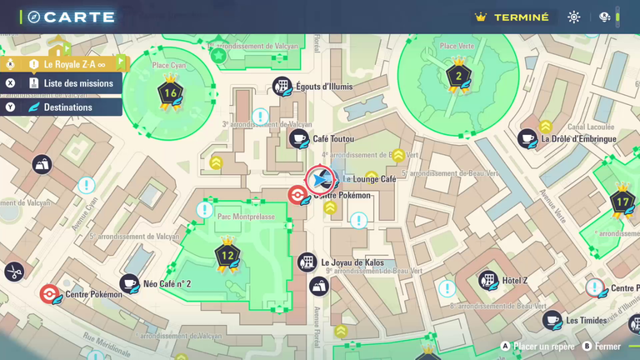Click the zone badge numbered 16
171,92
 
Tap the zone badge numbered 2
457,77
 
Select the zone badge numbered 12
227,255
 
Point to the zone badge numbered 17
622,202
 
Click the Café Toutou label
332,139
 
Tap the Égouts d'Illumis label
324,87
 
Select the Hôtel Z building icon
488,281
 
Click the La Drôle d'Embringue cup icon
527,139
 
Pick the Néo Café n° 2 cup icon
129,284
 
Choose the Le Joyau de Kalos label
352,262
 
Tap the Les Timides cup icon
552,320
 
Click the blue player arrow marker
320,179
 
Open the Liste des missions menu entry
78,83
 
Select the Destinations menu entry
68,107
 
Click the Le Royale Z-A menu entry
74,63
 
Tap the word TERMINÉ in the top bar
522,17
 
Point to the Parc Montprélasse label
246,217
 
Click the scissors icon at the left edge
14,271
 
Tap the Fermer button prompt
607,347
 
